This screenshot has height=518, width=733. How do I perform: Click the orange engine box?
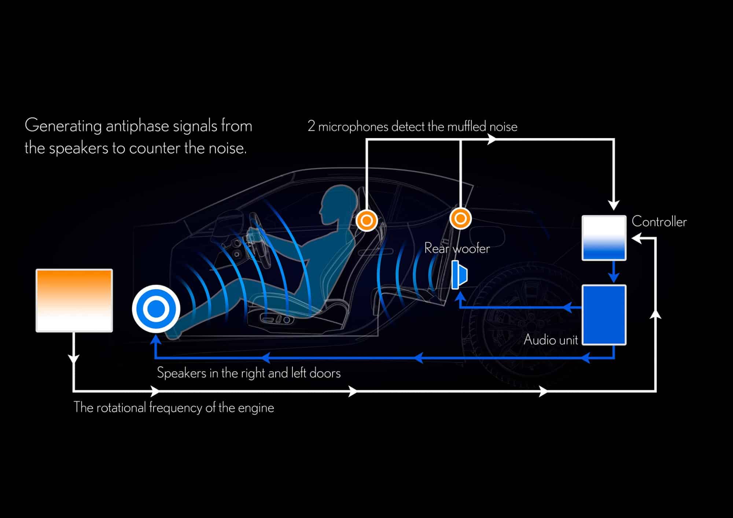click(x=74, y=300)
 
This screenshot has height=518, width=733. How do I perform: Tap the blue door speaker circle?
click(x=156, y=309)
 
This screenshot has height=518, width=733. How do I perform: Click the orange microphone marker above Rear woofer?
click(x=460, y=219)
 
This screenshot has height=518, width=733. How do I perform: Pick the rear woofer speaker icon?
click(x=459, y=275)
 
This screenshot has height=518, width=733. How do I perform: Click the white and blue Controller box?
click(x=604, y=238)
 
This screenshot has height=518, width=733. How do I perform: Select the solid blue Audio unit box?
click(x=604, y=315)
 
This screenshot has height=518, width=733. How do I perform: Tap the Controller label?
click(x=659, y=222)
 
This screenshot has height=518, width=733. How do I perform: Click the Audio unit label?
click(x=550, y=340)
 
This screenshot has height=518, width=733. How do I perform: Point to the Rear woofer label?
click(x=457, y=248)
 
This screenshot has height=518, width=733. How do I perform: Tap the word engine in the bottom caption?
click(x=256, y=408)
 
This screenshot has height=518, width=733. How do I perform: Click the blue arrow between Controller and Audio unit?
click(x=614, y=273)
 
